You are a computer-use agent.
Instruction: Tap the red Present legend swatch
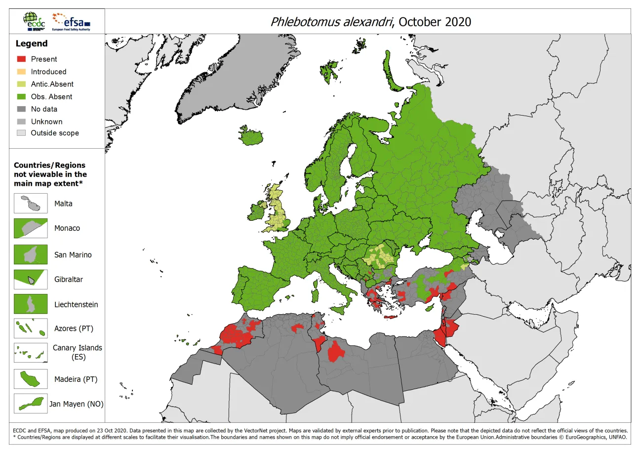pos(21,59)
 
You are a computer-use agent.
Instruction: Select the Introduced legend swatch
pos(21,72)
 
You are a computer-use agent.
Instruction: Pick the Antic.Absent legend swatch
pos(21,84)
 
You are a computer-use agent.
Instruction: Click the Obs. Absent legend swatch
pos(21,97)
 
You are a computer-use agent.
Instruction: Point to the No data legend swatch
pos(21,109)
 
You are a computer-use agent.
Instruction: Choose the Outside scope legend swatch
pos(21,133)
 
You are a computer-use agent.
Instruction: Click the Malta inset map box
pos(31,204)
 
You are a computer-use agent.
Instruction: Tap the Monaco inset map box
pos(31,228)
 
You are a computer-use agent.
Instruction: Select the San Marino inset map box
pos(31,255)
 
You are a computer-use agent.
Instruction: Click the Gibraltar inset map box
pos(31,279)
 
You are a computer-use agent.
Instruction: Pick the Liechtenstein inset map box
pos(31,304)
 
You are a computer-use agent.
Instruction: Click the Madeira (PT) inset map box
pos(31,379)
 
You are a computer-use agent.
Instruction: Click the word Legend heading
pos(32,43)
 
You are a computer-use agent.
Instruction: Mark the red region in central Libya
pos(336,351)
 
